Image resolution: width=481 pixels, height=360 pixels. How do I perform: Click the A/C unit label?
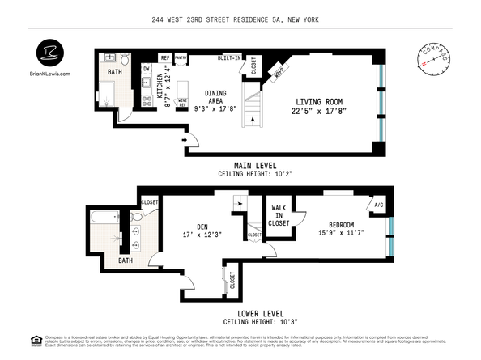pos(378,205)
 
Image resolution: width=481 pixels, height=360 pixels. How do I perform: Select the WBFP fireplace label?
pos(280,70)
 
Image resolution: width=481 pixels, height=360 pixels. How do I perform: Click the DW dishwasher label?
pos(147,69)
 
